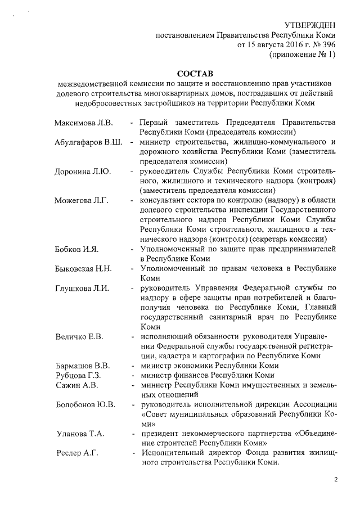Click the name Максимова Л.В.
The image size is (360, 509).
pos(84,123)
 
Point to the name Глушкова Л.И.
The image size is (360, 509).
pos(82,289)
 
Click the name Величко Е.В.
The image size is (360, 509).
pos(79,337)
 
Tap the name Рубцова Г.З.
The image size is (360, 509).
pos(78,375)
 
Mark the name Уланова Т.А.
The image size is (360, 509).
pos(80,434)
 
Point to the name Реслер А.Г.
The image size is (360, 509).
pos(77,453)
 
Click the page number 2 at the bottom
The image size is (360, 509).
pos(335,479)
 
